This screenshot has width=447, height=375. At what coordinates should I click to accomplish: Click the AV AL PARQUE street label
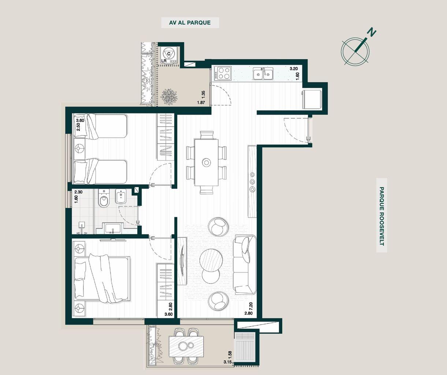190,23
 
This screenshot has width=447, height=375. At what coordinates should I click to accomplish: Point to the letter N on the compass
372,33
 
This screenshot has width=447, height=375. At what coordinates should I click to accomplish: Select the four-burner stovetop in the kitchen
224,73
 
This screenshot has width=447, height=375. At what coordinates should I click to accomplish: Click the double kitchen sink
263,74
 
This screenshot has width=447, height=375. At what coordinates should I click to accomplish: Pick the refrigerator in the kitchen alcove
312,99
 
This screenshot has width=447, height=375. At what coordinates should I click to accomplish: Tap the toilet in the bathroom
104,198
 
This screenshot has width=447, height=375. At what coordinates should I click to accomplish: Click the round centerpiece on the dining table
206,163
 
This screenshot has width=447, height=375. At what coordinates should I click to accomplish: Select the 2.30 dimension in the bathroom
78,192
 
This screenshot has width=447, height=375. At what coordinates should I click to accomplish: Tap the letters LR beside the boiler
164,61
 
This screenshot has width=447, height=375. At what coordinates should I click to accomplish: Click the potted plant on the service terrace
169,97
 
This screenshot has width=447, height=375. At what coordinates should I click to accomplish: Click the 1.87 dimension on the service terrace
201,103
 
